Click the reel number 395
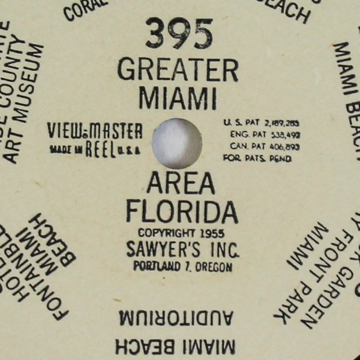[179, 34]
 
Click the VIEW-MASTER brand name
[95, 131]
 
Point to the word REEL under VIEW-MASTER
[100, 149]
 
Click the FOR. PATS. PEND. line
[257, 158]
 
